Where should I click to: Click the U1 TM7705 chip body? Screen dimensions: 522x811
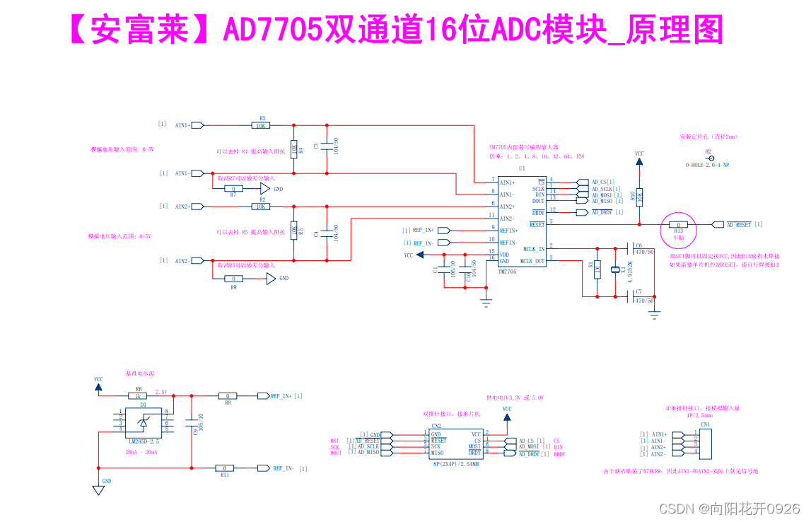click(x=521, y=223)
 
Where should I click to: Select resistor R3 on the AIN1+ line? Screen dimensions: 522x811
click(x=261, y=125)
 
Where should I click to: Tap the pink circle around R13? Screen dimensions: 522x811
click(x=678, y=226)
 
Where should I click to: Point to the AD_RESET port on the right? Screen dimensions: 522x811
click(x=738, y=225)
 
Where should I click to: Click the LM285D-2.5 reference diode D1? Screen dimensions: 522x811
click(x=144, y=422)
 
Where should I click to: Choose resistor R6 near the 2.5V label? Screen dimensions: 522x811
click(x=139, y=396)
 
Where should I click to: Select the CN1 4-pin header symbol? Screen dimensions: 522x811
click(x=704, y=443)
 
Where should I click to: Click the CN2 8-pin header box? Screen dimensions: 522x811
click(x=455, y=443)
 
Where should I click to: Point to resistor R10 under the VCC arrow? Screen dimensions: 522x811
click(x=639, y=197)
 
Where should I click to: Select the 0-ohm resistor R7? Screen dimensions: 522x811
click(x=233, y=189)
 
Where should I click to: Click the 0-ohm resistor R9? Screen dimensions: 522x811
click(x=233, y=279)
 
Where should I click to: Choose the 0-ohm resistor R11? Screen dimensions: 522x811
click(x=225, y=468)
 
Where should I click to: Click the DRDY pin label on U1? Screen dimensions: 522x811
click(x=538, y=212)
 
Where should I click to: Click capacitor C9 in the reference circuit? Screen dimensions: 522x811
click(x=191, y=422)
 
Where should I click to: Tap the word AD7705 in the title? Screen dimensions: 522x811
click(x=273, y=30)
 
